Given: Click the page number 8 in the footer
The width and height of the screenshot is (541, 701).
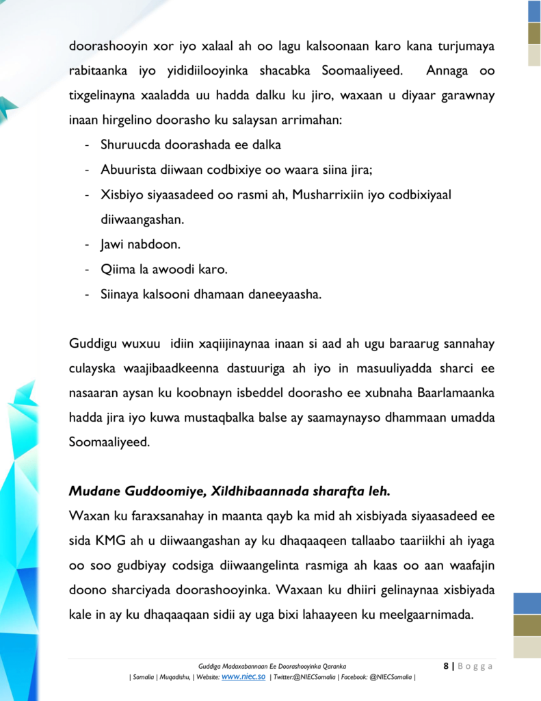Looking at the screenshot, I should [446, 666].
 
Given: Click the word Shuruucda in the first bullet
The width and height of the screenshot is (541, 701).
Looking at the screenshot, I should [129, 145].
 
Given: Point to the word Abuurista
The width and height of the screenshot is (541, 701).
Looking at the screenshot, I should [128, 170].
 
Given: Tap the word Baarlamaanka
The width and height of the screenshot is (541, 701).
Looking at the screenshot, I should [457, 393].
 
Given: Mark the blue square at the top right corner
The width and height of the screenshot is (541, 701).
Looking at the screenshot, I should [533, 11].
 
